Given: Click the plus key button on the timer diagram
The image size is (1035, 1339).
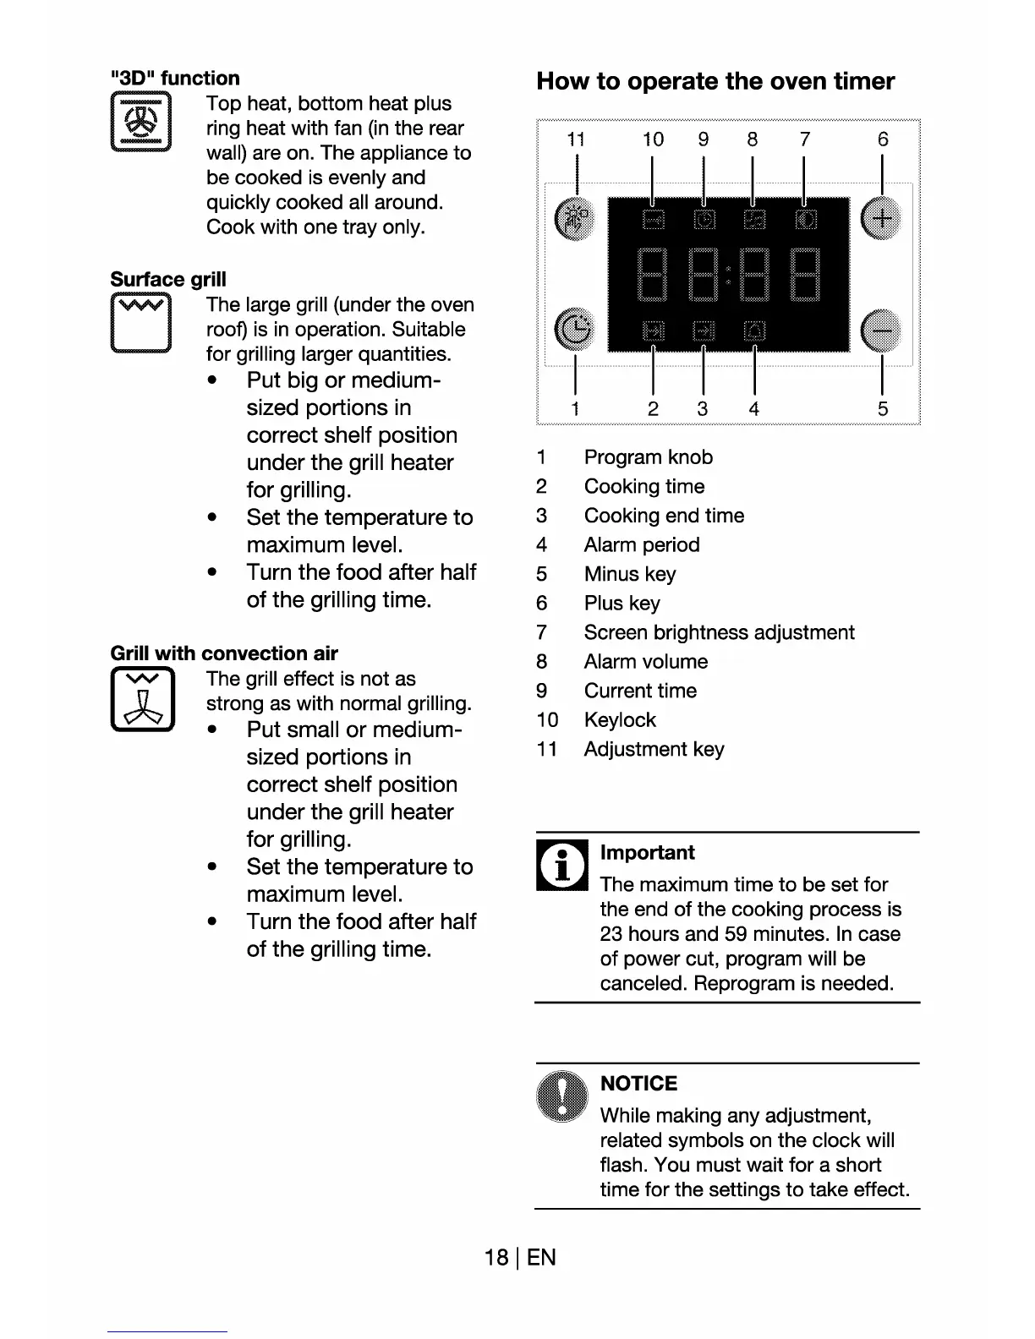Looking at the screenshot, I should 880,219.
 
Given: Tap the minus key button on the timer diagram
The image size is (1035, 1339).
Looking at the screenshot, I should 880,329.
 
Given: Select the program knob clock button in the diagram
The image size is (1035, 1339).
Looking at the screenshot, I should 575,329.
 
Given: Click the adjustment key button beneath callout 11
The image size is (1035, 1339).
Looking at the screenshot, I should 575,219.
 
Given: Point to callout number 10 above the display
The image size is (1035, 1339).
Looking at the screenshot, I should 653,139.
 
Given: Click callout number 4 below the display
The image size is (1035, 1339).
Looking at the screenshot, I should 753,409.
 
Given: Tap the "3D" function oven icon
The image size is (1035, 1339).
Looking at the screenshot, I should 141,123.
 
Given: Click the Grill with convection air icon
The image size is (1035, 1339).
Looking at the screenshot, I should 142,699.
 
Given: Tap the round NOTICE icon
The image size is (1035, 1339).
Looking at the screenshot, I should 561,1096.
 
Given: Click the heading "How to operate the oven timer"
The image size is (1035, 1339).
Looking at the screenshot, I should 715,81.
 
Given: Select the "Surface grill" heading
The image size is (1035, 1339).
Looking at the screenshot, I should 168,279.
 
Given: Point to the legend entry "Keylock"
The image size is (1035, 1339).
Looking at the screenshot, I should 620,720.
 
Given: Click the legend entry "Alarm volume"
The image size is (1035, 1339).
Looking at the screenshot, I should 646,662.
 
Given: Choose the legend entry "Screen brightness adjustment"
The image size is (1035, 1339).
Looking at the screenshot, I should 719,632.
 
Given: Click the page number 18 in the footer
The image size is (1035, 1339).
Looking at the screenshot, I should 496,1257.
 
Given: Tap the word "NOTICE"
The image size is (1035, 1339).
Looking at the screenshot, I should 638,1084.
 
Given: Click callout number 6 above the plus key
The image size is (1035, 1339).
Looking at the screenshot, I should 883,139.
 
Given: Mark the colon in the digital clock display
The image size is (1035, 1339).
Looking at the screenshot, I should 728,275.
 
